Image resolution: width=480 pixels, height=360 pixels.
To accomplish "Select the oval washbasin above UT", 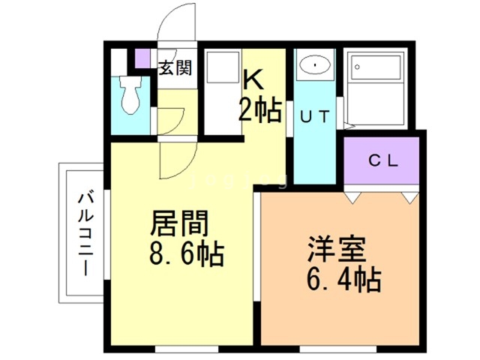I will (313, 67).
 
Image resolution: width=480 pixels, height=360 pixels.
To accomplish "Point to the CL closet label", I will (382, 160).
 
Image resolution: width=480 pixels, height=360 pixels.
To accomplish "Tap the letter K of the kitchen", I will (253, 80).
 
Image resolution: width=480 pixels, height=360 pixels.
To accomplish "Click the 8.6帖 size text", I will (182, 255).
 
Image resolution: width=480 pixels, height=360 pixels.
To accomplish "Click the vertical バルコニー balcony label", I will (82, 233).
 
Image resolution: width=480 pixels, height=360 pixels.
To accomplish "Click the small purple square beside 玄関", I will (142, 57).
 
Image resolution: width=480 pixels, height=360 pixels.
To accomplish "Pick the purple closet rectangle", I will (382, 160).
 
